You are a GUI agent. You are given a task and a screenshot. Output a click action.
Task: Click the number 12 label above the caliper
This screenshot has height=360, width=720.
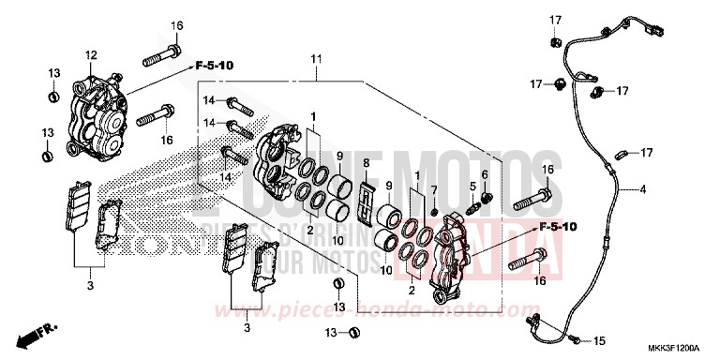click(92, 55)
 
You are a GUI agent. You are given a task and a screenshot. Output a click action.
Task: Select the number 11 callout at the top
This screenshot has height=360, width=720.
click(316, 59)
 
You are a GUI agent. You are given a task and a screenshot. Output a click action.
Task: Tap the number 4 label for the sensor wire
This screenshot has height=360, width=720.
click(643, 190)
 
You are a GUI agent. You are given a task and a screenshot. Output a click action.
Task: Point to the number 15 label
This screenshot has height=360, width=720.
click(601, 340)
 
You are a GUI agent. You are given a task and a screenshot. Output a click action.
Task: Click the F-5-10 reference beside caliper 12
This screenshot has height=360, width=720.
click(215, 67)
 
